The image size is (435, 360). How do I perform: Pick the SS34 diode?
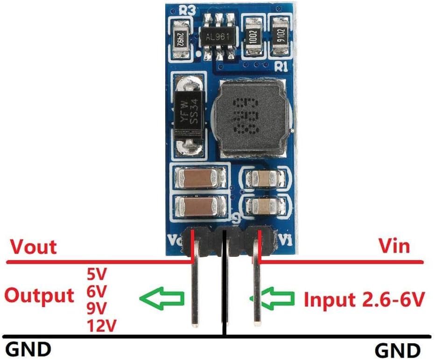tap(187, 115)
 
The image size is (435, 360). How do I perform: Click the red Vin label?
tap(394, 246)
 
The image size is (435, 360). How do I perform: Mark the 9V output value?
tap(97, 308)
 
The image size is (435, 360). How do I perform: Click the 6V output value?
tap(97, 292)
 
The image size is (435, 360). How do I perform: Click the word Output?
tap(39, 296)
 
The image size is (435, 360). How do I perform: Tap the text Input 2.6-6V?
tap(364, 299)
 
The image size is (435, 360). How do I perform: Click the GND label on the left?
tap(28, 349)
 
